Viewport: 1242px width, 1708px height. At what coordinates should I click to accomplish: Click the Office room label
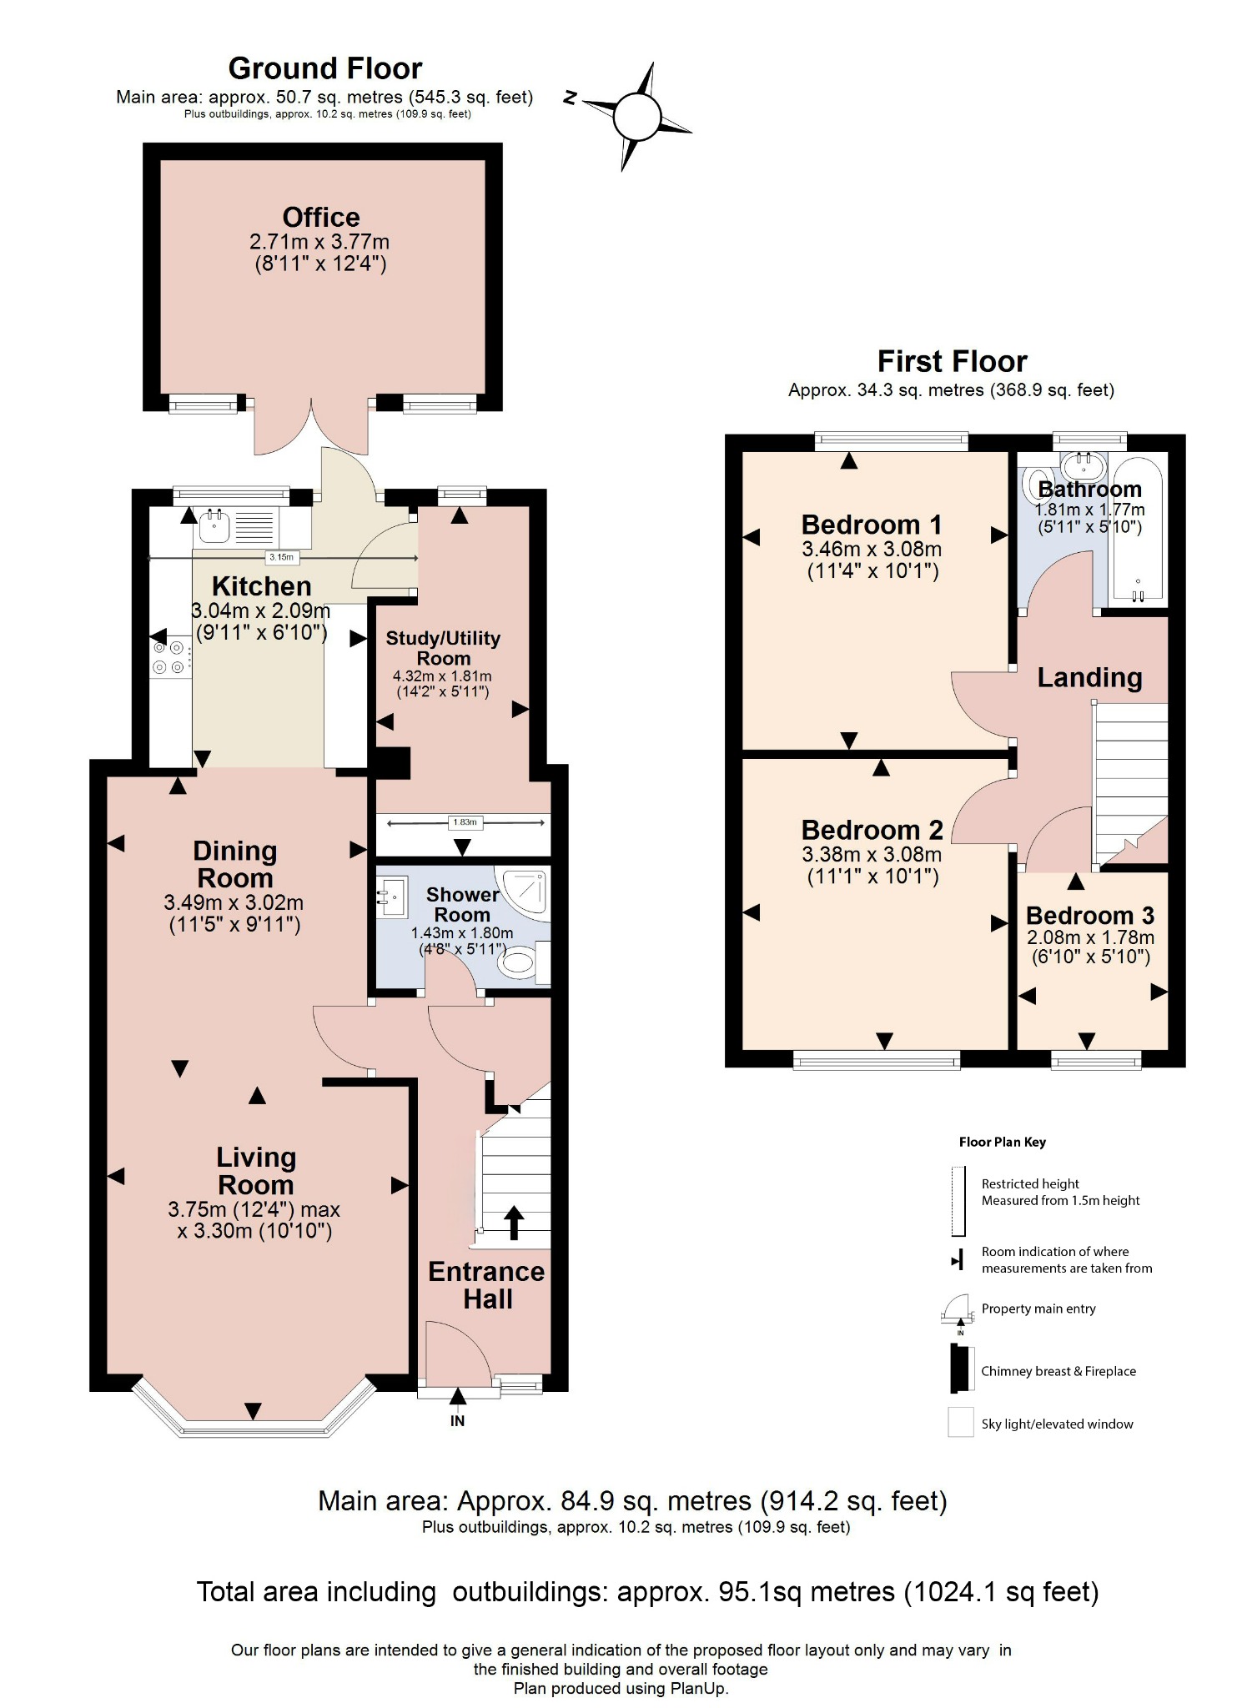[321, 218]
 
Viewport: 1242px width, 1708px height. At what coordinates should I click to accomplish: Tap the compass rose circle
[637, 117]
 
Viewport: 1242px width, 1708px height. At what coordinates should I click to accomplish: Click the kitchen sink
[215, 525]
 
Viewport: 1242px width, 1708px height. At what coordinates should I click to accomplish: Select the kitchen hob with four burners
[168, 657]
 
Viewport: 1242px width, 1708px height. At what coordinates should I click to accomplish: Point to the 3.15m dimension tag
[281, 557]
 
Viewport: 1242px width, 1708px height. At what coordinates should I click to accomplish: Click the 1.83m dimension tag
[464, 822]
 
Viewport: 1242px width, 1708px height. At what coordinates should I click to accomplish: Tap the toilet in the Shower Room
[518, 963]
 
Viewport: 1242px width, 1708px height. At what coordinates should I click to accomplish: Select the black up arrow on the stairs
[514, 1222]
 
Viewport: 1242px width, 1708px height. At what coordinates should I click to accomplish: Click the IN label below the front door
[457, 1421]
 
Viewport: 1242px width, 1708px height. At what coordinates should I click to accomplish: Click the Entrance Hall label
[486, 1285]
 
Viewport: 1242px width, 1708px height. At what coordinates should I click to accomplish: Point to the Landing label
[1089, 677]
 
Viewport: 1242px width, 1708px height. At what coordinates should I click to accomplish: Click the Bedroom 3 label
[1089, 916]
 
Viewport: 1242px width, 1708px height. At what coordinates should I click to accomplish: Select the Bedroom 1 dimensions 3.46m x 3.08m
[872, 550]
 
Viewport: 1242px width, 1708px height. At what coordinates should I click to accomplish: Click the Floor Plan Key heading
[1002, 1142]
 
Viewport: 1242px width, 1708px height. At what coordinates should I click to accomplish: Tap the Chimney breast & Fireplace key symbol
[962, 1370]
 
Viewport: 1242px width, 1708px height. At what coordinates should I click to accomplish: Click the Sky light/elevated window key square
[961, 1423]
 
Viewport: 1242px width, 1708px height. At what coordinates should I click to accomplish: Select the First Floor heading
[952, 361]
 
